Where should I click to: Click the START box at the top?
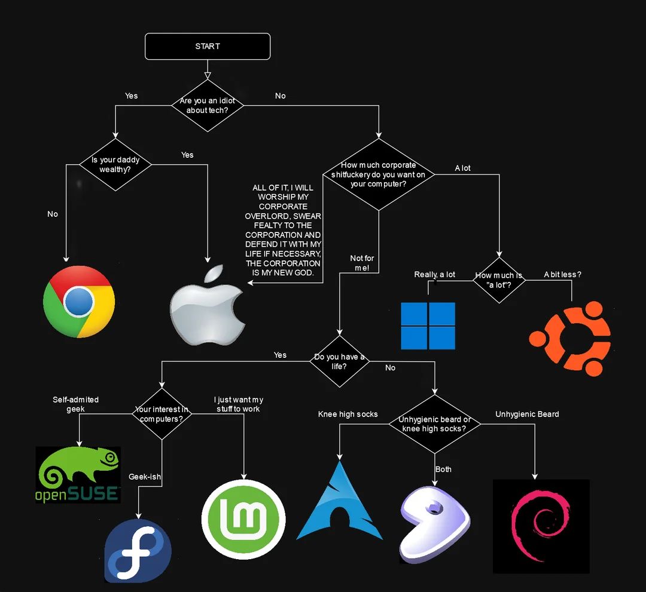(x=208, y=47)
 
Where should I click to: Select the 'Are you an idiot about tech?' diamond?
(x=207, y=106)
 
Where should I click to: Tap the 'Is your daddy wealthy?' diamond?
(x=115, y=165)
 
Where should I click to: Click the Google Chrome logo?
(x=79, y=302)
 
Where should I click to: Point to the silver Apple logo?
(x=207, y=307)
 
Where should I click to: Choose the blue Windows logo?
(x=428, y=326)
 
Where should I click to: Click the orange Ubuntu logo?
(x=569, y=339)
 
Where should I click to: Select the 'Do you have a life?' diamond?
(x=339, y=361)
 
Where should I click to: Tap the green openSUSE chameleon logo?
(x=78, y=475)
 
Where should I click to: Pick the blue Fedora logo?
(x=138, y=551)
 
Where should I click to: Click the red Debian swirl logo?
(x=541, y=526)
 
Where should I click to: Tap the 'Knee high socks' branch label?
(x=348, y=414)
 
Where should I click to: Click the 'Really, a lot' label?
(x=434, y=275)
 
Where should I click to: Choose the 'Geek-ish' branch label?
(x=145, y=477)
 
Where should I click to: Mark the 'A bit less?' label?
(x=562, y=275)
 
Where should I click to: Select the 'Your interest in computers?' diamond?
(x=161, y=414)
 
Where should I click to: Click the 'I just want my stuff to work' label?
(x=238, y=404)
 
